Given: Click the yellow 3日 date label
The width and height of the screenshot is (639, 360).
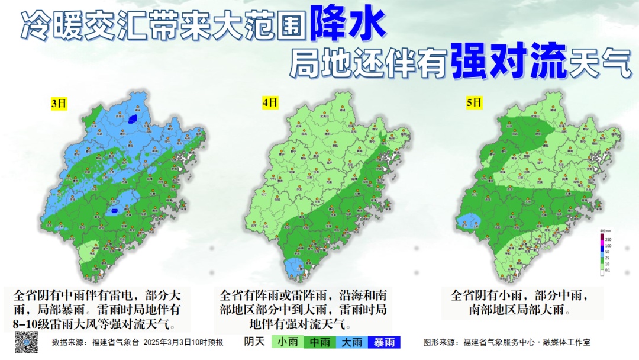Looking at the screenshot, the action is pyautogui.click(x=59, y=104).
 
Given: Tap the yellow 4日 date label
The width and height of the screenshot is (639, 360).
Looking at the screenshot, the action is pyautogui.click(x=270, y=103).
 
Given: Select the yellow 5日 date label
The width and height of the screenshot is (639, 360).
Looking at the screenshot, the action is pyautogui.click(x=475, y=103).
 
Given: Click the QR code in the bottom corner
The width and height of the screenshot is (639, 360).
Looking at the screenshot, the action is pyautogui.click(x=26, y=342).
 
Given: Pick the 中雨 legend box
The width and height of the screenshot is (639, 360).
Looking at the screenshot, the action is pyautogui.click(x=320, y=342).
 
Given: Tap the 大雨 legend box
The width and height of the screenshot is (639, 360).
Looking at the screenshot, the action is pyautogui.click(x=352, y=342).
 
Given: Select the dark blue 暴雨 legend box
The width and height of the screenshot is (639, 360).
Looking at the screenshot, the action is pyautogui.click(x=384, y=342).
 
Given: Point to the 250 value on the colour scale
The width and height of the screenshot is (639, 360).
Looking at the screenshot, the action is pyautogui.click(x=607, y=238).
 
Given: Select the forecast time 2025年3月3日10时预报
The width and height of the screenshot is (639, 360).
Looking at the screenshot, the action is pyautogui.click(x=183, y=342).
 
